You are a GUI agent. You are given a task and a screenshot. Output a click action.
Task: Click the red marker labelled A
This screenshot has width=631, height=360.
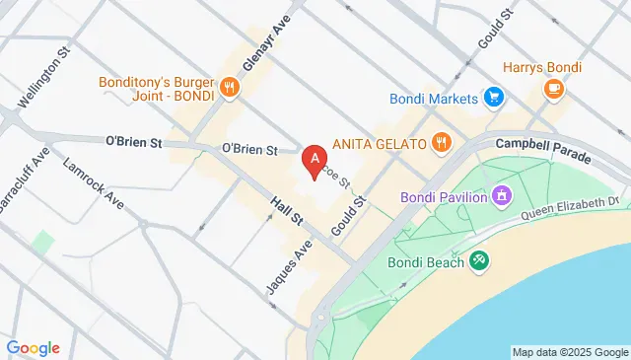tap(315, 157)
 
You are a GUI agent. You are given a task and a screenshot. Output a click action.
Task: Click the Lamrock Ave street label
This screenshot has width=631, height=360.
tap(94, 184)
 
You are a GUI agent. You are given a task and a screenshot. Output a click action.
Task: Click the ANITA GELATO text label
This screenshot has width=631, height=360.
tap(380, 142)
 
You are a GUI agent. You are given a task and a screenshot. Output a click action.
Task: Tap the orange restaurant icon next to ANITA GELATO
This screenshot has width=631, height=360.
tap(441, 142)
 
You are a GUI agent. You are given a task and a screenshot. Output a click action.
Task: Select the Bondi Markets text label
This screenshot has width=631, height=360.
tap(433, 98)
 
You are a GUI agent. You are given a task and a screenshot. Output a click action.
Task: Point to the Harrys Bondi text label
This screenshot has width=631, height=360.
tap(542, 67)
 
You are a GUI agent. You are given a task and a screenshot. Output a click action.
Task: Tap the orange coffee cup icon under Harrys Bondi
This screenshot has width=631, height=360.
tap(553, 90)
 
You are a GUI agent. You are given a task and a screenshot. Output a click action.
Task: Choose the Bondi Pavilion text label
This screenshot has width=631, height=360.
tap(444, 196)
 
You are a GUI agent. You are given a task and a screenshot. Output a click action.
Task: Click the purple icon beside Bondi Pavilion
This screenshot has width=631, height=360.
tap(503, 196)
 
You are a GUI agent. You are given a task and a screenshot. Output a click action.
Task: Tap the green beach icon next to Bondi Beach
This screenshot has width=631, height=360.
tap(479, 260)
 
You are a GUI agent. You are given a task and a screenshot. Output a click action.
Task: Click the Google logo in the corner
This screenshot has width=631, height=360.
tap(34, 347)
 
